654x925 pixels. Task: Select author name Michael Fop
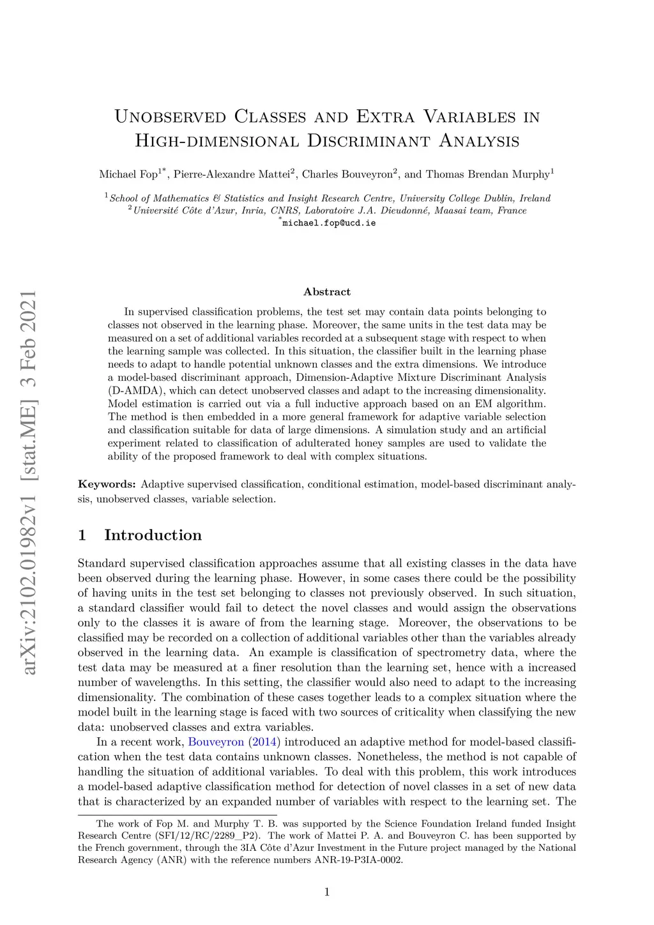(x=128, y=174)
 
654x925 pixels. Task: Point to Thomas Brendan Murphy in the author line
(x=487, y=174)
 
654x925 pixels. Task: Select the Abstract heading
(x=327, y=292)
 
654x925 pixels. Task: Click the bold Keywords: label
(x=107, y=484)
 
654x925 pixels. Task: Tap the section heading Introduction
(x=153, y=535)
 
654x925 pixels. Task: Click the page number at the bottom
(x=327, y=892)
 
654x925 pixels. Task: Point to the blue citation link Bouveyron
(x=216, y=742)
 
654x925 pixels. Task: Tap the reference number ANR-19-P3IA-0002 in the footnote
(x=359, y=860)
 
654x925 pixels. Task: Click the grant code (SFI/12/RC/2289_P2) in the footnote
(x=208, y=836)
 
